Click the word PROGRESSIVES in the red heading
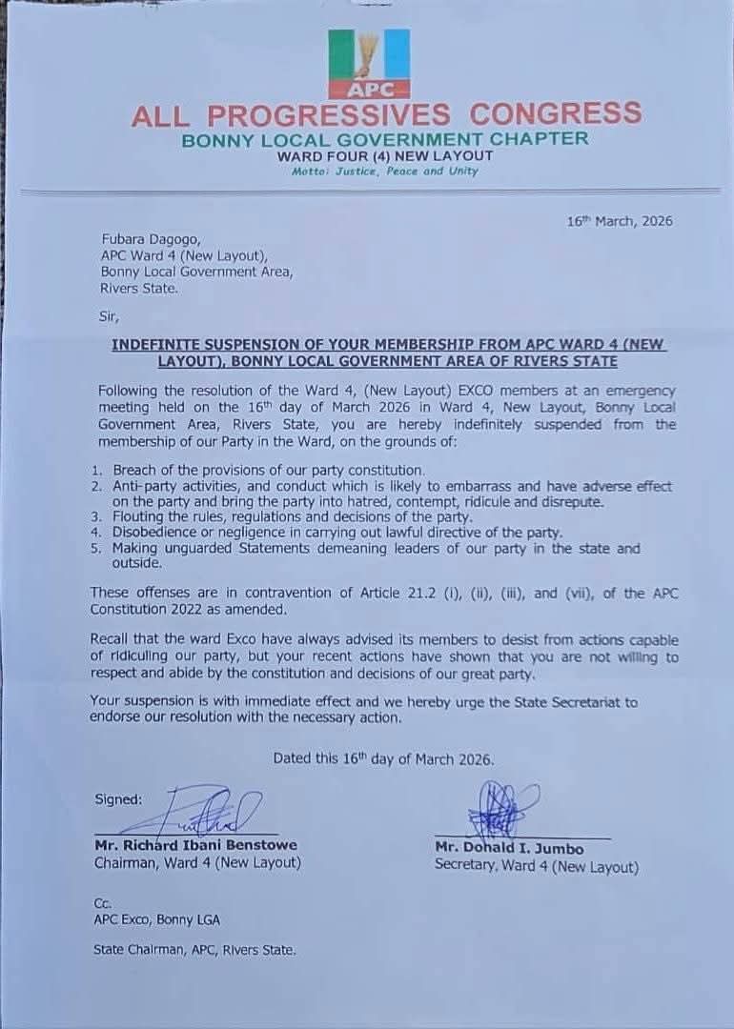point(328,116)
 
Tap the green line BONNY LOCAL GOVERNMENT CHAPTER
point(385,139)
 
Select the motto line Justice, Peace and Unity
point(385,171)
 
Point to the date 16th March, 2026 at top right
point(620,221)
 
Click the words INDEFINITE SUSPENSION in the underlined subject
point(215,345)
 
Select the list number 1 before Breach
point(96,470)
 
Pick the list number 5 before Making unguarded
point(96,549)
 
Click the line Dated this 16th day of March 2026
point(383,758)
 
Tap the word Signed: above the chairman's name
point(118,798)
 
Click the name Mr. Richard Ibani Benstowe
point(195,844)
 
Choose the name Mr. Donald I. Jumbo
point(509,848)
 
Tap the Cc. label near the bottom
point(103,902)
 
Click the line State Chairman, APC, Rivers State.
point(194,949)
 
